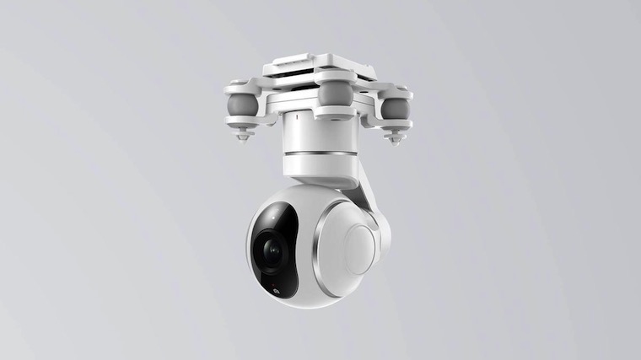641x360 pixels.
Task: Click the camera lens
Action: pos(271,250)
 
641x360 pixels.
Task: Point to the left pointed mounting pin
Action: pos(242,136)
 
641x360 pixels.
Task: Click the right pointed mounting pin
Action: pos(395,137)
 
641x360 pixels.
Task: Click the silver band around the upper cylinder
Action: pos(319,154)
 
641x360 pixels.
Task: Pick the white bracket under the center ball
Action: pos(336,112)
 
